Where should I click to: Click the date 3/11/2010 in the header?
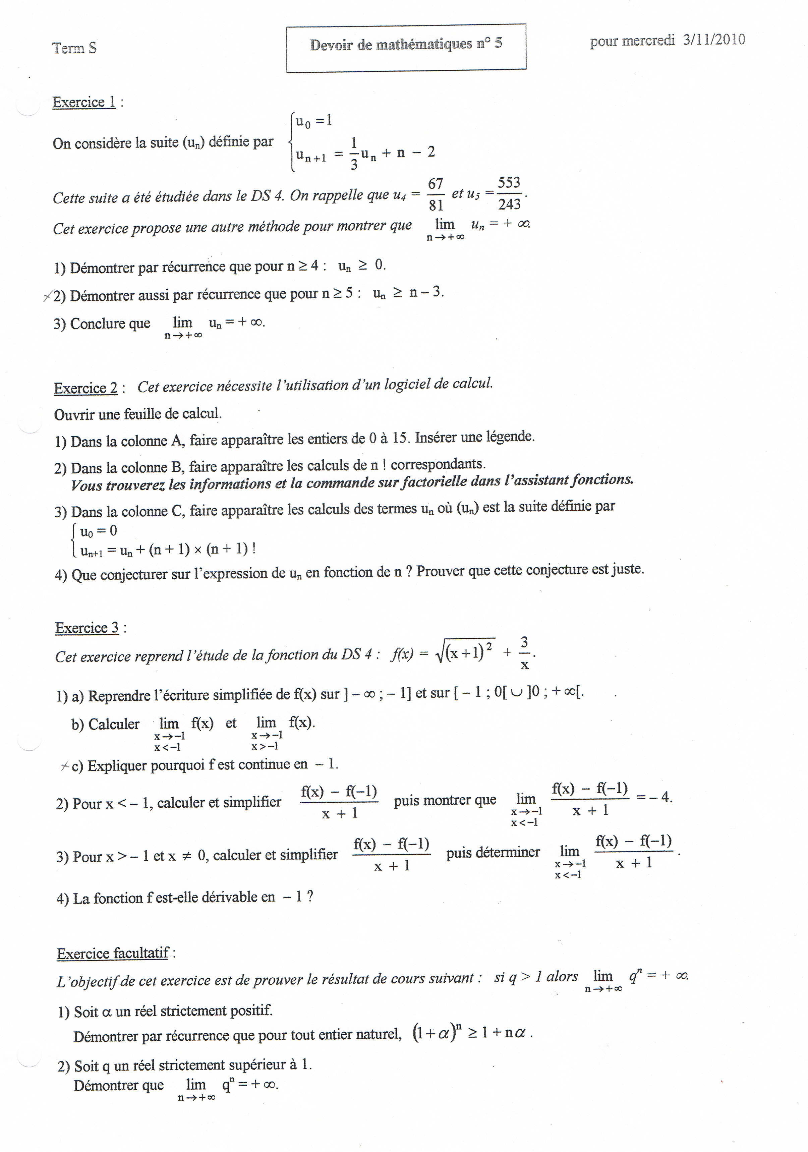point(714,40)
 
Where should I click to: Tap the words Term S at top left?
point(74,48)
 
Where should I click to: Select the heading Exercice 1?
point(84,102)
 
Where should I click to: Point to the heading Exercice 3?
point(87,628)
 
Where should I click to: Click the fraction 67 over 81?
point(436,194)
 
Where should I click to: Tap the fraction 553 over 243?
point(509,193)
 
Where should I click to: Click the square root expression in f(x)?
point(466,652)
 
